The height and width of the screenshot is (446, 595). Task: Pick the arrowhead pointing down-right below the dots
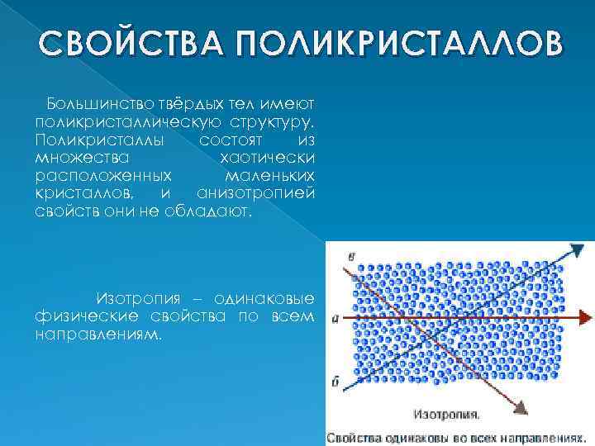tap(521, 406)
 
